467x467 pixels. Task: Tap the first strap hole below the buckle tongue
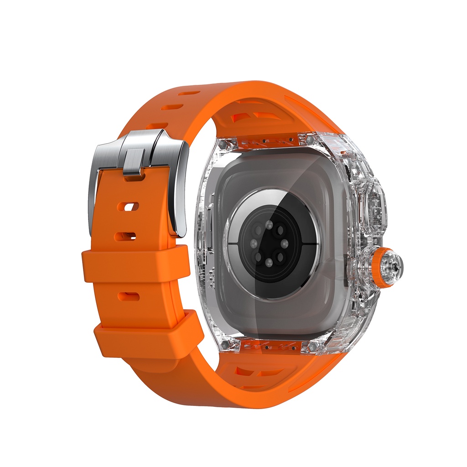pos(127,207)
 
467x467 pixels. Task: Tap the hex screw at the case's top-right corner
pos(311,138)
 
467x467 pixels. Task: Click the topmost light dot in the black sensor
pos(269,225)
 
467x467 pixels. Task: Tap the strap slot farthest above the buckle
pos(189,93)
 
